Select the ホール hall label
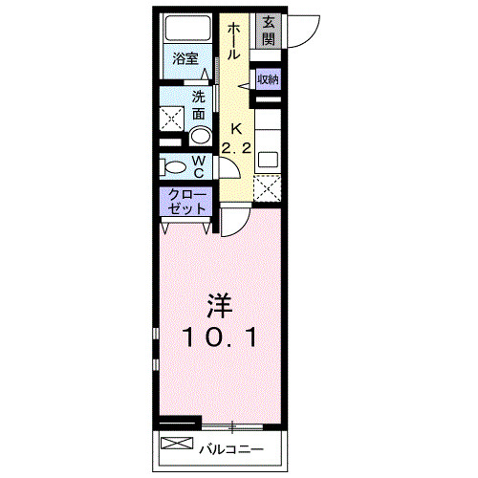[233, 41]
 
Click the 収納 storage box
[267, 80]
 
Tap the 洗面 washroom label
[199, 105]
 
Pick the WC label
[198, 167]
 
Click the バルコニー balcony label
[229, 446]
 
